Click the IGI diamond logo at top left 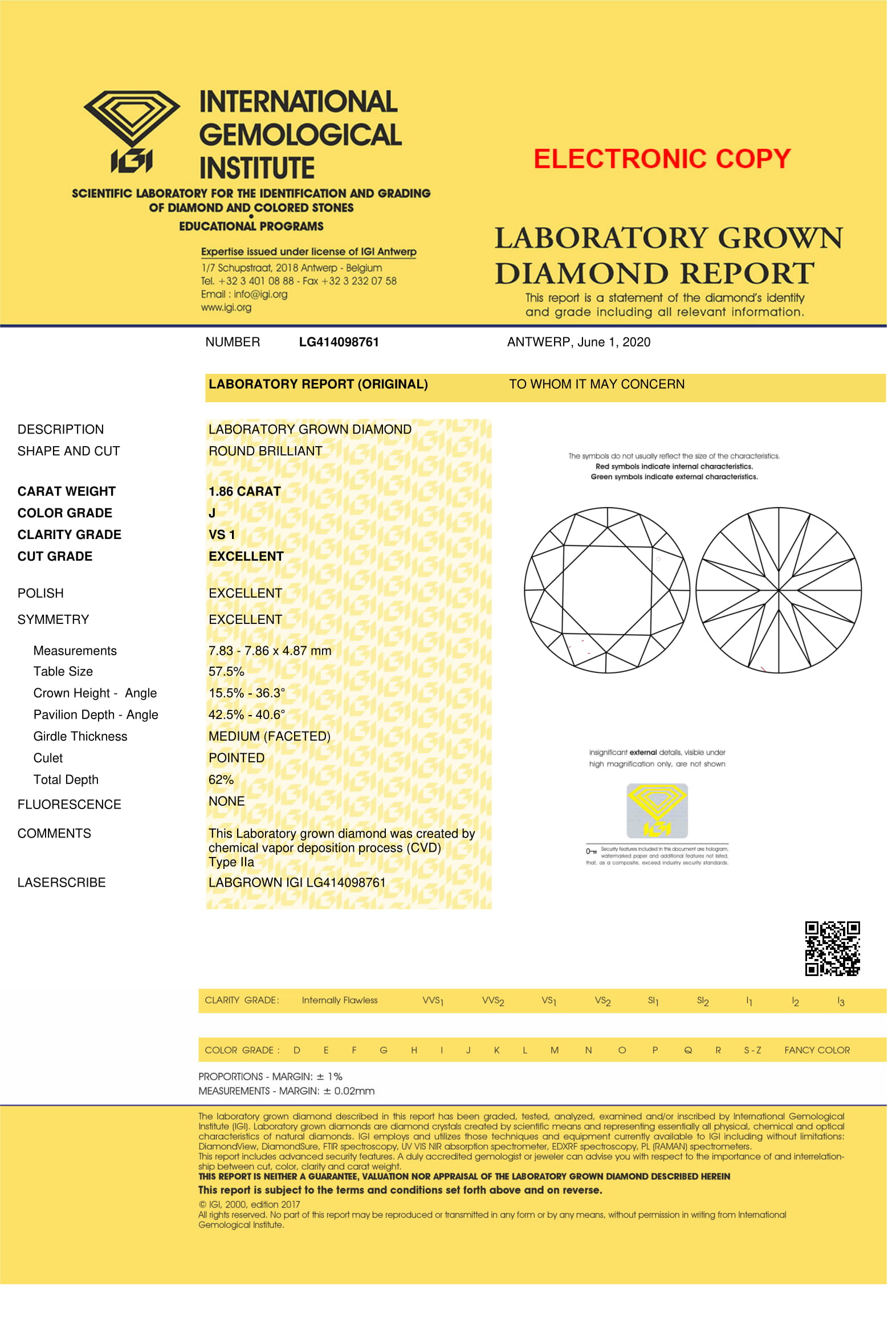click(x=132, y=130)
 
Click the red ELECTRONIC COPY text click(x=662, y=159)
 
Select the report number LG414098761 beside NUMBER click(x=339, y=342)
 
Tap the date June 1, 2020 click(x=613, y=342)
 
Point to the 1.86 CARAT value click(x=245, y=491)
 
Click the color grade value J click(x=212, y=513)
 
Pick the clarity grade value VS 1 click(x=222, y=534)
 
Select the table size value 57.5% click(x=226, y=671)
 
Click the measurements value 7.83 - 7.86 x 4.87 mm click(x=270, y=651)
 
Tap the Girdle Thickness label click(x=80, y=736)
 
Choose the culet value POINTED click(x=237, y=758)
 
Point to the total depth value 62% click(x=221, y=779)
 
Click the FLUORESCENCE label click(x=70, y=805)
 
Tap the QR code click(x=832, y=949)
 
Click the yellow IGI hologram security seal click(x=657, y=810)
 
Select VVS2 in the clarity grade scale click(x=493, y=1001)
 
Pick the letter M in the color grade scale click(x=554, y=1050)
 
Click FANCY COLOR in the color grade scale click(x=817, y=1050)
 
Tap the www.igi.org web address click(x=226, y=308)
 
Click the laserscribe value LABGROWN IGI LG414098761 click(x=297, y=883)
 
